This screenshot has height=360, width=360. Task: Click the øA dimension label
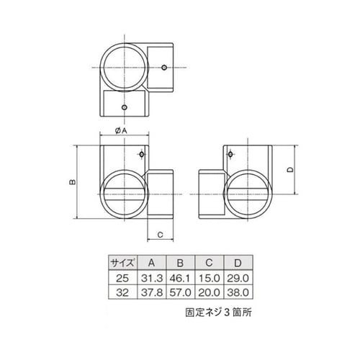tap(121, 131)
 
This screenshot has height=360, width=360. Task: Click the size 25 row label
tap(122, 277)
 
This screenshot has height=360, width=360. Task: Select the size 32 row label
tap(122, 292)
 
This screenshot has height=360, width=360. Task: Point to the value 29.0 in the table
tap(240, 277)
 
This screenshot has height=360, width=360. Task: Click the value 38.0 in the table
tap(240, 292)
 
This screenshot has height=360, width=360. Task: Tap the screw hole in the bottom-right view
tap(231, 154)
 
